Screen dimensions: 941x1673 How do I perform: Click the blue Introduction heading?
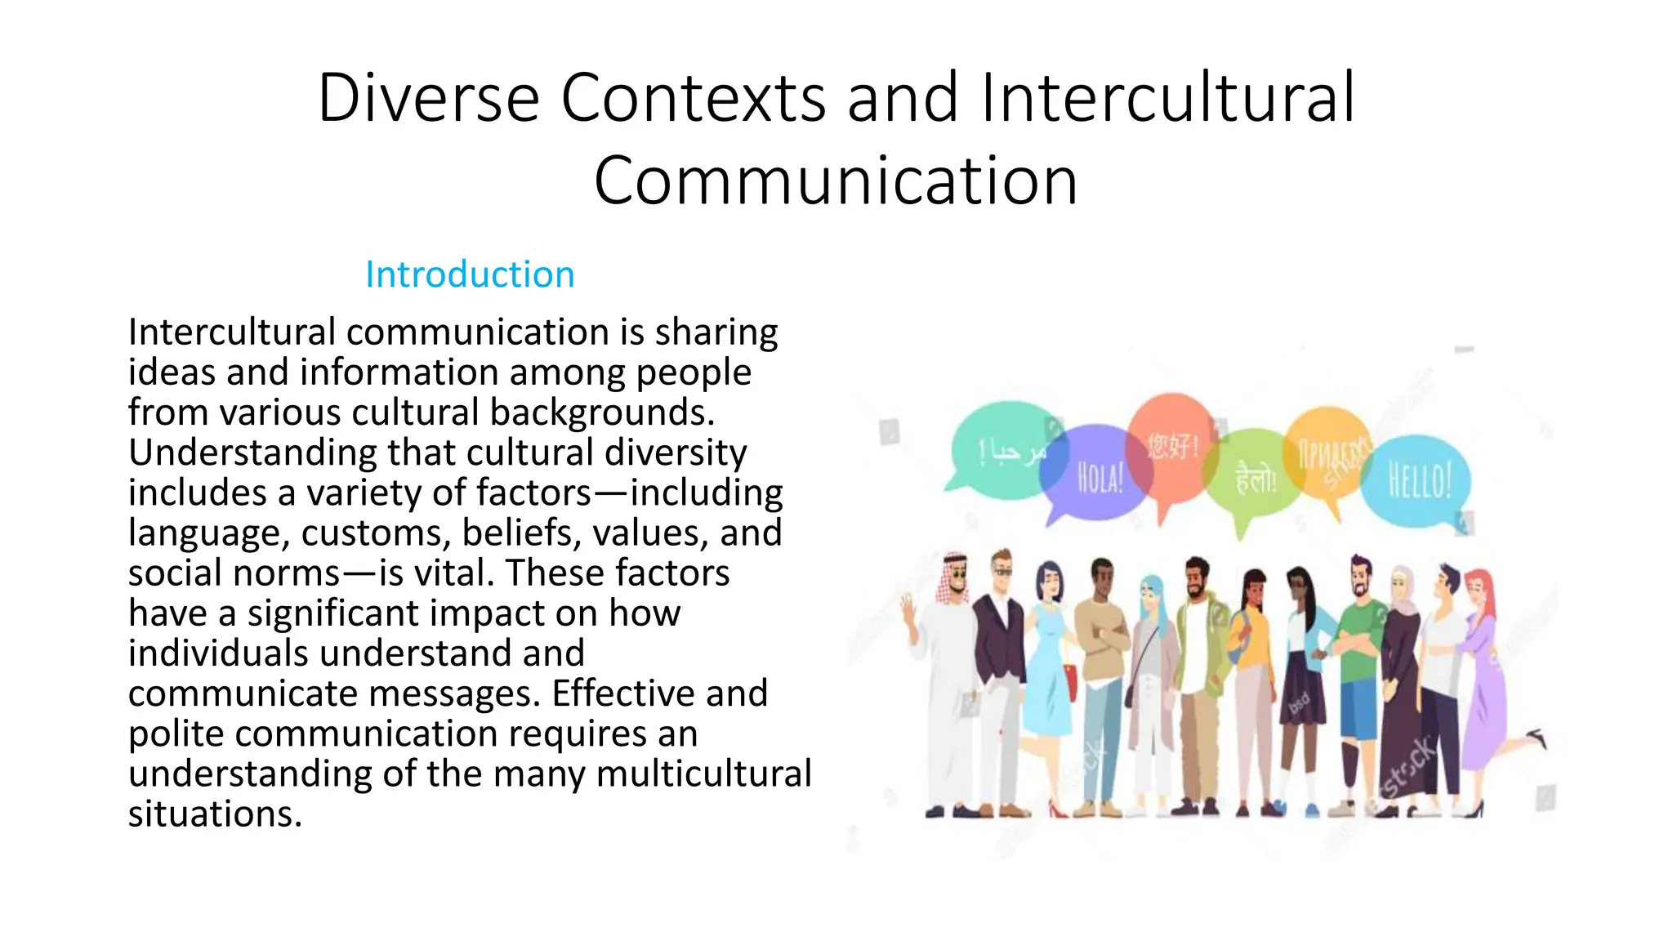pyautogui.click(x=470, y=274)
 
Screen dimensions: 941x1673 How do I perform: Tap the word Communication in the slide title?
pyautogui.click(x=835, y=181)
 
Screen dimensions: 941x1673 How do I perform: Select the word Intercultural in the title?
pyautogui.click(x=1168, y=98)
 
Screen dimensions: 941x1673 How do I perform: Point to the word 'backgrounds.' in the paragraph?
pyautogui.click(x=602, y=413)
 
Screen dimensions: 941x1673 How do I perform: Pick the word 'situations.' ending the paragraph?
pyautogui.click(x=215, y=814)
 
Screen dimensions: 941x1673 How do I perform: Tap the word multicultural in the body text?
pyautogui.click(x=704, y=774)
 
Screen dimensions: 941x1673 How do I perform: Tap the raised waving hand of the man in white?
pyautogui.click(x=907, y=609)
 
